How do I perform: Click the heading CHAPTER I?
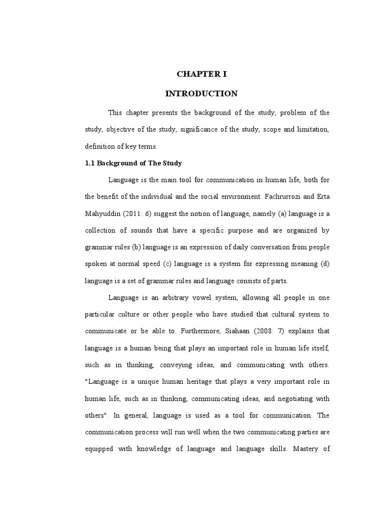pyautogui.click(x=202, y=74)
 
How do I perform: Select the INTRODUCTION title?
pyautogui.click(x=202, y=94)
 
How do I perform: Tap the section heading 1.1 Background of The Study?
pyautogui.click(x=132, y=163)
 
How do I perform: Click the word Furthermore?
pyautogui.click(x=204, y=331)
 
